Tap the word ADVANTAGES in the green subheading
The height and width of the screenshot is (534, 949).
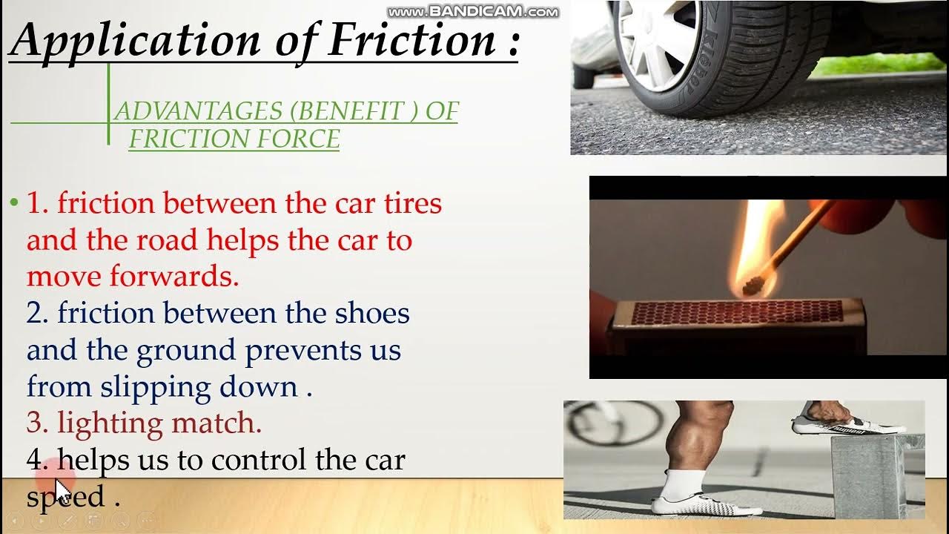click(x=198, y=111)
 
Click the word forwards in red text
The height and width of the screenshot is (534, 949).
click(x=174, y=276)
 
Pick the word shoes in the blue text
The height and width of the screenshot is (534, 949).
click(x=372, y=313)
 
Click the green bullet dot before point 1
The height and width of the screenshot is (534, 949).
click(x=13, y=202)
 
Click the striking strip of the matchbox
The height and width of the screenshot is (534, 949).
click(x=738, y=312)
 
